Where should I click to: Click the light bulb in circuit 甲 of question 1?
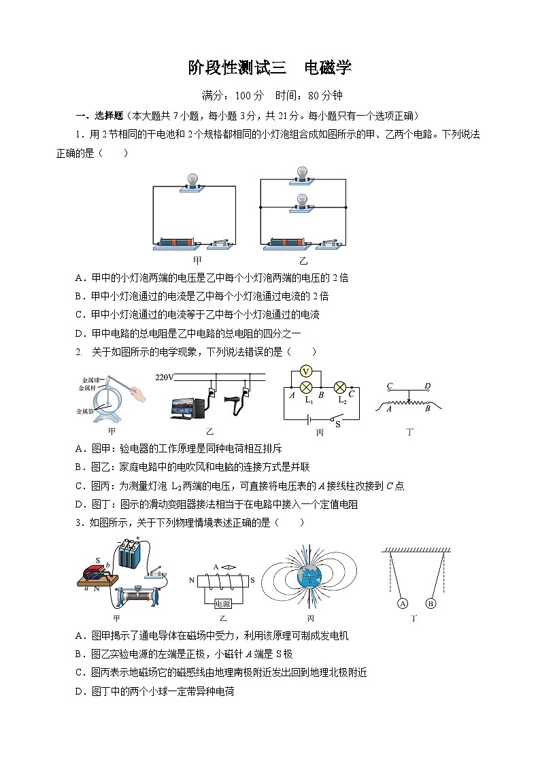[x=194, y=180]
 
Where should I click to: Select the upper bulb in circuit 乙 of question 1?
[x=302, y=173]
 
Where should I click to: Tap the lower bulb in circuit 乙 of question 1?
[x=302, y=201]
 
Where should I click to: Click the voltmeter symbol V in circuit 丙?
[x=306, y=371]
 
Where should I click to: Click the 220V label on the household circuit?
[x=165, y=378]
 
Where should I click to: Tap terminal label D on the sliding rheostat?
[x=427, y=386]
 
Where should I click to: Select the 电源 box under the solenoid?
[x=223, y=603]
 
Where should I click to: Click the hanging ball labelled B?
[x=430, y=603]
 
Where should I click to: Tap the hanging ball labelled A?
[x=403, y=603]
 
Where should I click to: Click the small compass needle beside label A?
[x=229, y=567]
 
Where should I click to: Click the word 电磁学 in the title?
[x=327, y=68]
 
